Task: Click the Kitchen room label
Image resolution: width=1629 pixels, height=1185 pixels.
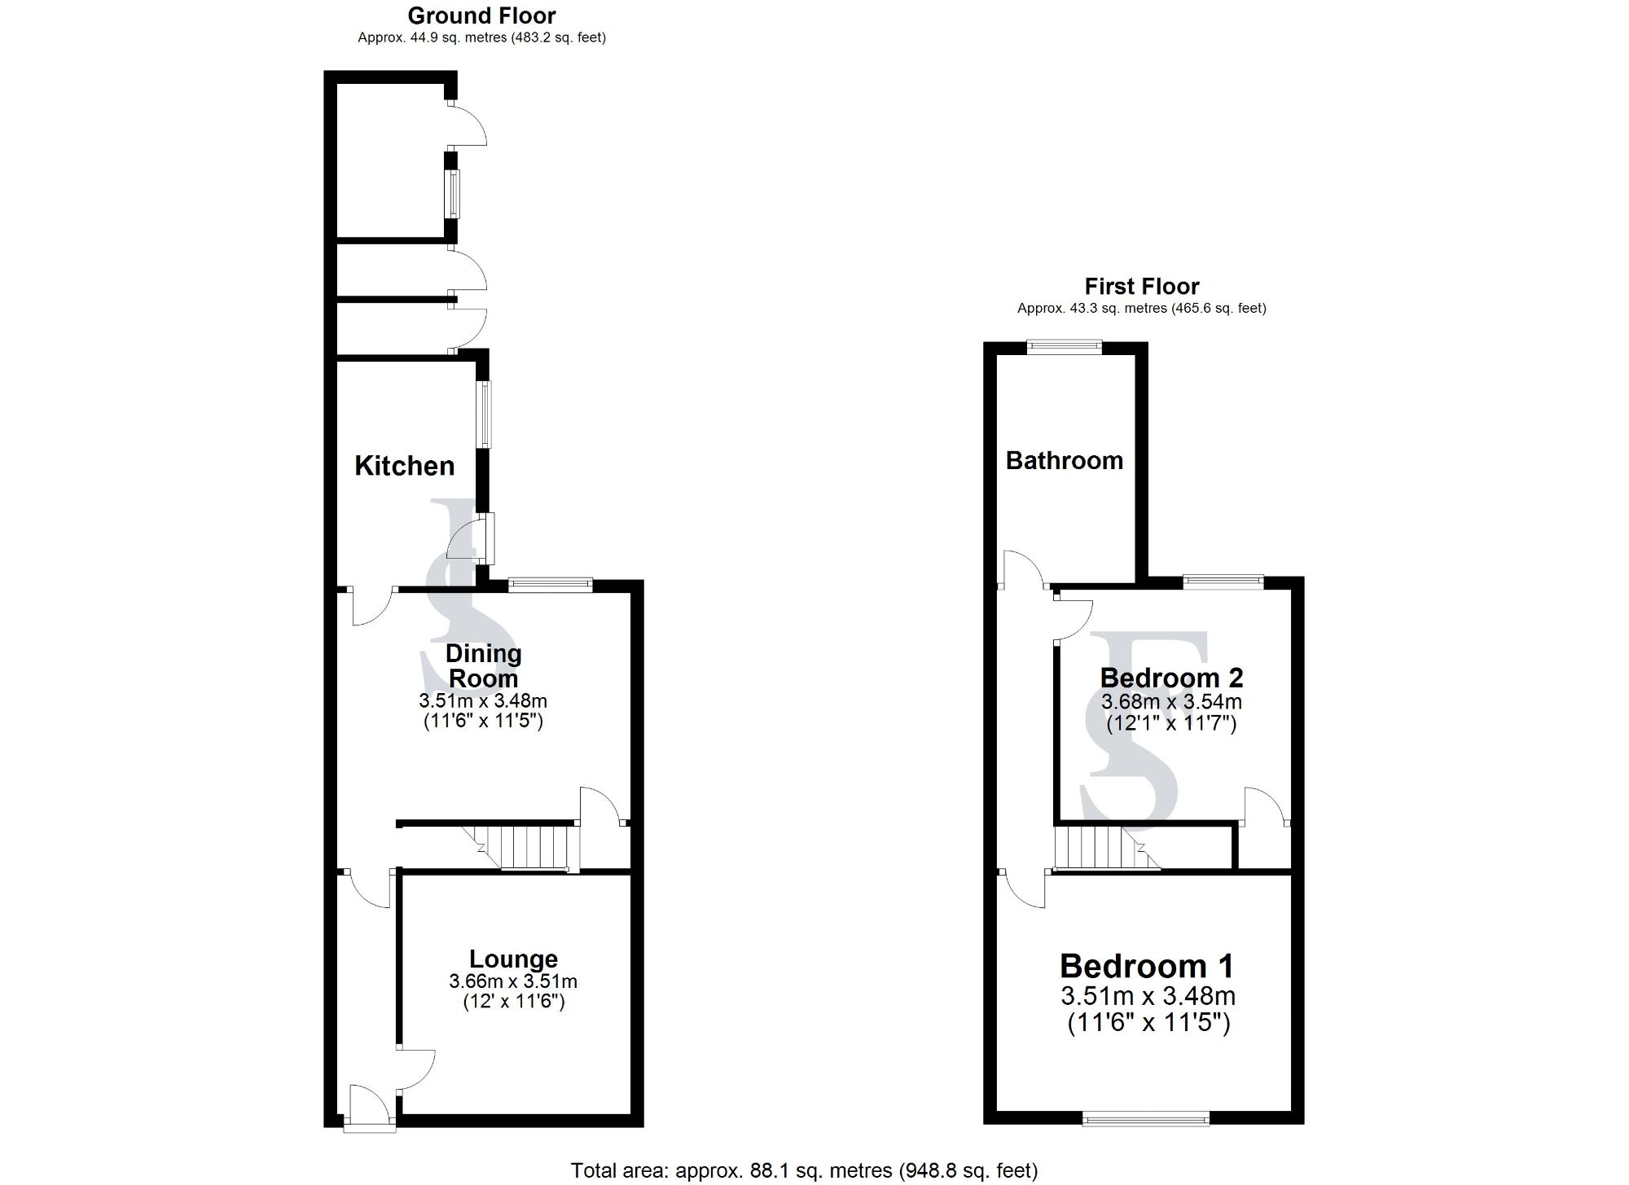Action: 405,466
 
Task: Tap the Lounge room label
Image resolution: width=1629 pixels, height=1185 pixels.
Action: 513,959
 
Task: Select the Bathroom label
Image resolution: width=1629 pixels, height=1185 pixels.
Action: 1064,461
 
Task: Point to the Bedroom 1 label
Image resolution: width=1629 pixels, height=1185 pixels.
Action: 1147,967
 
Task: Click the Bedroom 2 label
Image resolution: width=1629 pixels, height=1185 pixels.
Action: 1171,678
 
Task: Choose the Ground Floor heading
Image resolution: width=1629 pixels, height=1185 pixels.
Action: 481,15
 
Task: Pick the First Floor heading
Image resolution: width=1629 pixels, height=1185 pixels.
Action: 1141,287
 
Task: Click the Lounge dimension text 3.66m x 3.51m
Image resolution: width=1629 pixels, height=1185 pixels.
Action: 513,981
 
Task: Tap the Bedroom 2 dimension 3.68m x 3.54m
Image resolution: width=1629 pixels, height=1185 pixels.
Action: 1171,701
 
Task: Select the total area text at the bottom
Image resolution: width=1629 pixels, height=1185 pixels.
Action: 804,1170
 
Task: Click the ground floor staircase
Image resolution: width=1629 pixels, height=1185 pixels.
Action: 521,847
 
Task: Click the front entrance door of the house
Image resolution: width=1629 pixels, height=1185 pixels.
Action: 371,1108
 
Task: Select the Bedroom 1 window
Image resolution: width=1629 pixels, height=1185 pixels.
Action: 1145,1121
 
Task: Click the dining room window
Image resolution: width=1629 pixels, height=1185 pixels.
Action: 551,583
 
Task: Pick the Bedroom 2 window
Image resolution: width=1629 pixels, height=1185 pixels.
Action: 1223,582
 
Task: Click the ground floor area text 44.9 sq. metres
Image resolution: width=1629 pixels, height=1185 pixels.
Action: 481,37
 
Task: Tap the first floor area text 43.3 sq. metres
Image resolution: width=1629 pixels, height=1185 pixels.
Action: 1141,309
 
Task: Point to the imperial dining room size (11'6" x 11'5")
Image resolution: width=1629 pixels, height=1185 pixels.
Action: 483,721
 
